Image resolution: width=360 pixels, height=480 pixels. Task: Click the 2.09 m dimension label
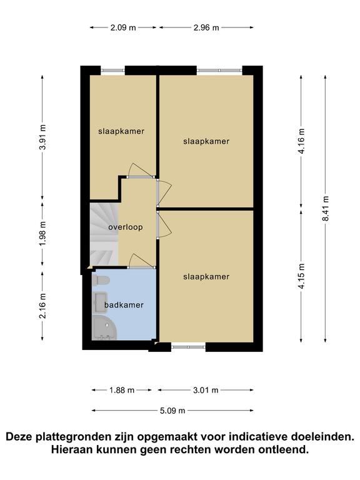(x=123, y=27)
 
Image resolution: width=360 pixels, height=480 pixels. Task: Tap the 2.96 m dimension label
(x=206, y=27)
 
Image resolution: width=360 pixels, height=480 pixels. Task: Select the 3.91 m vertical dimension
(x=42, y=137)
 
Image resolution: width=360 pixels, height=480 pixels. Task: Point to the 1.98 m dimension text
(x=42, y=233)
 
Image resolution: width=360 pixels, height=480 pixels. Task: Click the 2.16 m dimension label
(x=42, y=306)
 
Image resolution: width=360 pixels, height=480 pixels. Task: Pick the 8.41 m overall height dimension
(x=326, y=209)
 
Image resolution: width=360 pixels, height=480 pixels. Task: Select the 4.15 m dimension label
(x=301, y=276)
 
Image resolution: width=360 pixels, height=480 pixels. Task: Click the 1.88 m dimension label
(x=122, y=390)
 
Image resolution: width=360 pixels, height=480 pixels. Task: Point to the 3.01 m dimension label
(x=206, y=390)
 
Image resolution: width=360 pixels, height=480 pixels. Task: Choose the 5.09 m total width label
(x=172, y=411)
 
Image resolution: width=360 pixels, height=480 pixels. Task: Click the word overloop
(x=126, y=227)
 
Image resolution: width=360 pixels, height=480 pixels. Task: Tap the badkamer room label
(x=124, y=305)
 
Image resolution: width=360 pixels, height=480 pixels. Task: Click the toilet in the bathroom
(x=101, y=281)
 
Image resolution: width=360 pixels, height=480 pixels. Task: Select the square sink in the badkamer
(x=100, y=302)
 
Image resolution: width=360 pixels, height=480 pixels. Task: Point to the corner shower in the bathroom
(x=104, y=327)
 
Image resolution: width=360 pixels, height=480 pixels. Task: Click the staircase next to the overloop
(x=104, y=234)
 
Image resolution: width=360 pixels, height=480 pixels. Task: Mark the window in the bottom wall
(x=188, y=347)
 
